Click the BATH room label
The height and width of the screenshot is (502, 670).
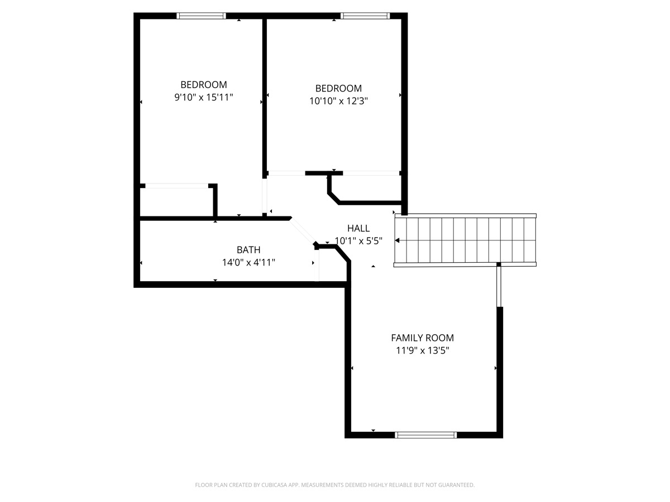point(248,250)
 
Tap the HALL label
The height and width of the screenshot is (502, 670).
point(358,228)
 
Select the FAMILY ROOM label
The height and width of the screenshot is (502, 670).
point(422,337)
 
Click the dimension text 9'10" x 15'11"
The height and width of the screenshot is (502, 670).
point(204,98)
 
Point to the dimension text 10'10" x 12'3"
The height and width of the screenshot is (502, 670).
point(338,101)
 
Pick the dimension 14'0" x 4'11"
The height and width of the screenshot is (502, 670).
point(248,262)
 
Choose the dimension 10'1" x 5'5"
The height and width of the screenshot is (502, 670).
point(358,241)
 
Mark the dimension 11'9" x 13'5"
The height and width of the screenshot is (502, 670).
point(422,351)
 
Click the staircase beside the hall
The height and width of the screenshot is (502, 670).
point(465,240)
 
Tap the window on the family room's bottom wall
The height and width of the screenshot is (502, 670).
point(425,435)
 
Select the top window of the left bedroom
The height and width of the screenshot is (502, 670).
point(202,16)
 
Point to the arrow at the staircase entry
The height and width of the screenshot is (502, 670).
point(398,240)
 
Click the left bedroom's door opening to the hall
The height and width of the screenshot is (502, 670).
point(265,195)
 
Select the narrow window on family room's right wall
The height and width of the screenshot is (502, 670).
point(500,286)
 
